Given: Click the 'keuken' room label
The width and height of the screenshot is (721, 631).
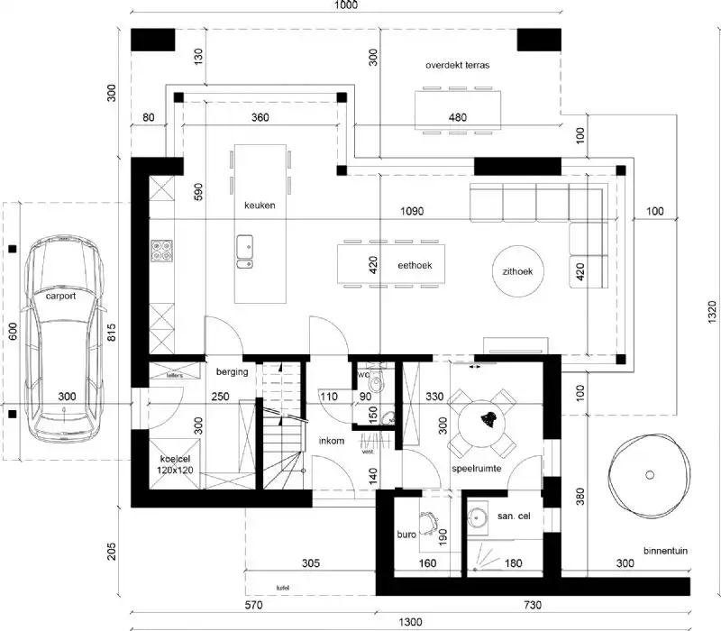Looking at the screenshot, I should click(x=259, y=206).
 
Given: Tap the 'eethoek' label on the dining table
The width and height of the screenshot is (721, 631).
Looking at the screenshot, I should click(x=416, y=266).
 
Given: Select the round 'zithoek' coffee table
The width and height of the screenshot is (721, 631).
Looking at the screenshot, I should click(x=518, y=270).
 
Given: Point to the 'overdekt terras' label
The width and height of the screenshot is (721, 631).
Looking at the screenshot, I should click(x=458, y=66).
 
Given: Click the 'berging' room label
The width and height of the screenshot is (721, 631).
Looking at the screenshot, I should click(x=232, y=371).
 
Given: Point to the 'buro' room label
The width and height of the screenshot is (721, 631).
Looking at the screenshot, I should click(x=406, y=535).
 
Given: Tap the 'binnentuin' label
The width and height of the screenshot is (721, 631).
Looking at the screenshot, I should click(x=668, y=550).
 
